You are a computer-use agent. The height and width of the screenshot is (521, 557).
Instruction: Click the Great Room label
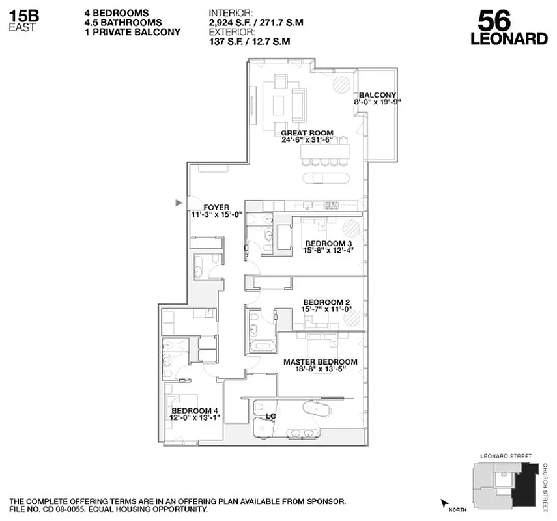pyautogui.click(x=307, y=133)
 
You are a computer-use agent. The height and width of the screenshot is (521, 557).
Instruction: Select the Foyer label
pyautogui.click(x=216, y=208)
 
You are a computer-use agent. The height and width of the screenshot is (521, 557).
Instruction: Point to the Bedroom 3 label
pyautogui.click(x=328, y=244)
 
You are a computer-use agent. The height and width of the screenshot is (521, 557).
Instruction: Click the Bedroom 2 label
pyautogui.click(x=327, y=302)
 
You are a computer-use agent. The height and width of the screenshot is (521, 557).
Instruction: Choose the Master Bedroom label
pyautogui.click(x=320, y=361)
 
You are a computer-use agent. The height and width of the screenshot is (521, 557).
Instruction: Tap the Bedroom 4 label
pyautogui.click(x=194, y=411)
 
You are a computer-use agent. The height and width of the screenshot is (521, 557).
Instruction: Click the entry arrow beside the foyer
pyautogui.click(x=179, y=203)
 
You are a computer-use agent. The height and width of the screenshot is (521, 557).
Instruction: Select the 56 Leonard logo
pyautogui.click(x=508, y=29)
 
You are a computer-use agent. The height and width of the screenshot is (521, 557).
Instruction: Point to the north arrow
pyautogui.click(x=445, y=502)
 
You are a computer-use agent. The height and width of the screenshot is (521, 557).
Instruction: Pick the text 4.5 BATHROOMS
pyautogui.click(x=124, y=22)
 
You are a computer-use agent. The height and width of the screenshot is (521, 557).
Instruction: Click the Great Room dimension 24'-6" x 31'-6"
pyautogui.click(x=307, y=140)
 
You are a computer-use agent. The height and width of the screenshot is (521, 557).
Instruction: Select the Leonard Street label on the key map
pyautogui.click(x=505, y=456)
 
